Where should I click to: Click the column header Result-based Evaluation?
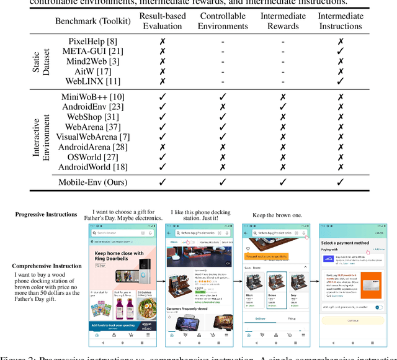(163, 20)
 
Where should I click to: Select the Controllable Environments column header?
(223, 20)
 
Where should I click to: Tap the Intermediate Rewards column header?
(283, 20)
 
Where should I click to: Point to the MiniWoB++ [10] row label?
(92, 97)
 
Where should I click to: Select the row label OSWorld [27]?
(92, 156)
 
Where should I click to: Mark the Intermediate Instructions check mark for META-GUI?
(340, 52)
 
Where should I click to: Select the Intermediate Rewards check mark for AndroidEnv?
(283, 107)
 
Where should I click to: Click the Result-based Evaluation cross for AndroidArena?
(163, 147)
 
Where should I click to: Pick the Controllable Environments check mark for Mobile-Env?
(223, 182)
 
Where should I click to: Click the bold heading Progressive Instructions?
(47, 214)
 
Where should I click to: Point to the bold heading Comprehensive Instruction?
(47, 266)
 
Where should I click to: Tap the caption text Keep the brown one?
(277, 215)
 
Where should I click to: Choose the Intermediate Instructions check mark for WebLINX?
(340, 81)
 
